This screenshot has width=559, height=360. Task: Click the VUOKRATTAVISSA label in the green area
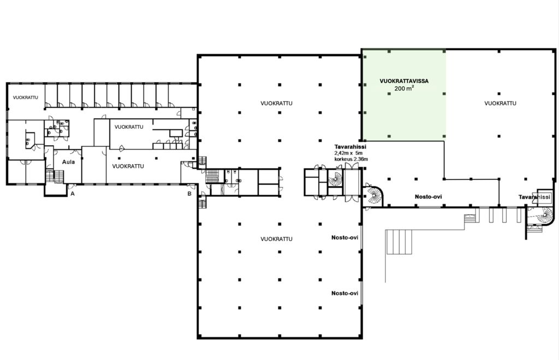404,81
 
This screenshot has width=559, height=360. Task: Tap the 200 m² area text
404,88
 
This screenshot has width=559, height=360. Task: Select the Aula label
68,162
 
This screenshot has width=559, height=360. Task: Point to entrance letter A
73,194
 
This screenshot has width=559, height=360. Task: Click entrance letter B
189,194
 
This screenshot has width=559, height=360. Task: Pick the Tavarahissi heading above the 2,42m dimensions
350,147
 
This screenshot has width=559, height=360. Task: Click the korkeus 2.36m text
351,159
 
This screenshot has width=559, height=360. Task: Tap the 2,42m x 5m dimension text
348,153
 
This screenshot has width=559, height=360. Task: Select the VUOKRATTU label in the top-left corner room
25,98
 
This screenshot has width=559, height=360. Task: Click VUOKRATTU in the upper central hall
276,103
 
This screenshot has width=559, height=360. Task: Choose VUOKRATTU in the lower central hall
276,239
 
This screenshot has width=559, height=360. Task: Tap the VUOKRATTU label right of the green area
500,103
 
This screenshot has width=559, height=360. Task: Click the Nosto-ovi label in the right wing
428,196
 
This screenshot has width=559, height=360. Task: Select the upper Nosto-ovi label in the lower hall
345,237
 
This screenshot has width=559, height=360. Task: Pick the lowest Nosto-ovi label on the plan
345,293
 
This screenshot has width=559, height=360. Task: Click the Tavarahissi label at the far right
534,197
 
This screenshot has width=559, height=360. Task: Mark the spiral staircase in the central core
335,178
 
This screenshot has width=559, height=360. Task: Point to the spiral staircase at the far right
545,215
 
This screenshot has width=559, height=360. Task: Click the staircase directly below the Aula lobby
55,177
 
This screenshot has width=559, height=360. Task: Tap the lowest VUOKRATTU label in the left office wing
128,166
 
